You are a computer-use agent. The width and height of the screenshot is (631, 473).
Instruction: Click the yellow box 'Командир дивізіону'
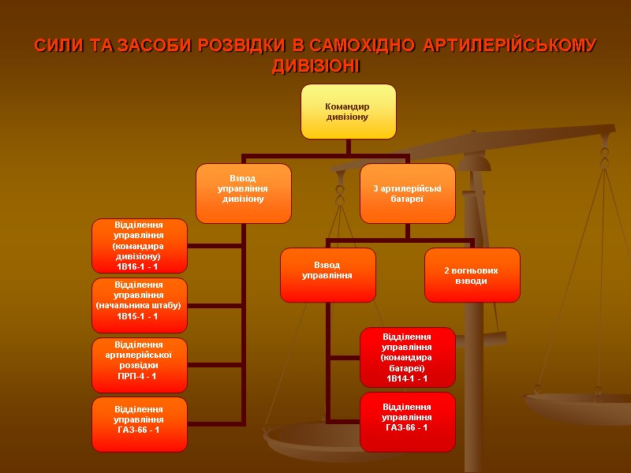pyautogui.click(x=348, y=111)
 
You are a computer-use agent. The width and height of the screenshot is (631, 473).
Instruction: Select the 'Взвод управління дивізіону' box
pyautogui.click(x=243, y=192)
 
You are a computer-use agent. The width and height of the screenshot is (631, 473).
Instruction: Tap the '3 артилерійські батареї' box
pyautogui.click(x=407, y=192)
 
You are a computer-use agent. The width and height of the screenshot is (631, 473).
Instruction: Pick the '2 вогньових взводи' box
pyautogui.click(x=472, y=275)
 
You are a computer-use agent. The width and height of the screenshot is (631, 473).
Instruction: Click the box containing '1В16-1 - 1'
pyautogui.click(x=140, y=245)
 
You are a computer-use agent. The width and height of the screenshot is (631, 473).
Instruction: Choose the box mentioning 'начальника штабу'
pyautogui.click(x=140, y=304)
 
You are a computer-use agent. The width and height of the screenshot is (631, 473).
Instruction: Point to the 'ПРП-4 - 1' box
pyautogui.click(x=140, y=364)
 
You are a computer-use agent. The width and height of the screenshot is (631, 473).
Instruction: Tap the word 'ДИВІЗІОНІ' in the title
pyautogui.click(x=315, y=66)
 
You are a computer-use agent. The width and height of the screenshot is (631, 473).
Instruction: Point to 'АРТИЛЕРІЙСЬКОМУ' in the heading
pyautogui.click(x=510, y=46)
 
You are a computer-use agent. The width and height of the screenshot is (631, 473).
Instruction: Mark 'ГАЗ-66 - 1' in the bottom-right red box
pyautogui.click(x=407, y=427)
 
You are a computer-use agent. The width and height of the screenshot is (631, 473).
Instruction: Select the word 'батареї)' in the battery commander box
pyautogui.click(x=407, y=368)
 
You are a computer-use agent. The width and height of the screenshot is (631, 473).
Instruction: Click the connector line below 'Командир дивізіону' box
pyautogui.click(x=348, y=147)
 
